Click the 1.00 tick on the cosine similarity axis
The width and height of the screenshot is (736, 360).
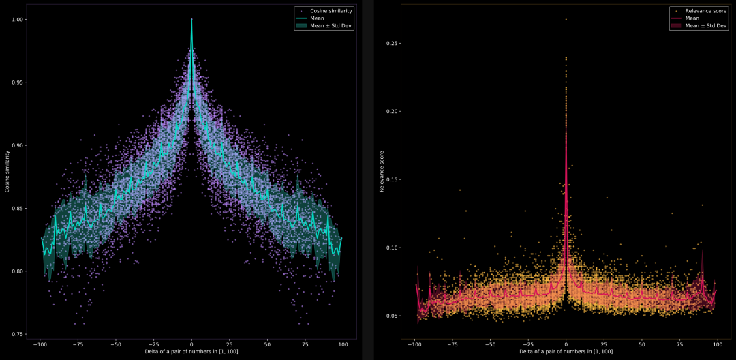click(x=19, y=20)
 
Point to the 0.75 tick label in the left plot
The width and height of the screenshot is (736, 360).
click(x=19, y=334)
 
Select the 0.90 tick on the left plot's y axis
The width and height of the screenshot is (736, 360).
click(x=19, y=145)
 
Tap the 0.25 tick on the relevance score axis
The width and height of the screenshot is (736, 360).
click(x=391, y=44)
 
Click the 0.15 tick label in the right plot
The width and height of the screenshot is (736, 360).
click(x=391, y=180)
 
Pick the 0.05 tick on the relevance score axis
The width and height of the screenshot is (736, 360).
click(x=391, y=316)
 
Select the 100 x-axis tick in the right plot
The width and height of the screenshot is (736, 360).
click(x=718, y=345)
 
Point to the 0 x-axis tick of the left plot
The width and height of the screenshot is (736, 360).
click(x=191, y=345)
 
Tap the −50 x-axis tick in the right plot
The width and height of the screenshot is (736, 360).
click(x=489, y=345)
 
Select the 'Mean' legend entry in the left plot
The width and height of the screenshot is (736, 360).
click(x=318, y=18)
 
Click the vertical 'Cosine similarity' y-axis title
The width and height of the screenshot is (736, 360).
click(x=7, y=172)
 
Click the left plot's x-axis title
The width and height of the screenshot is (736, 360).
click(x=191, y=352)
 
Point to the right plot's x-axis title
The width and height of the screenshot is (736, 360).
click(x=566, y=352)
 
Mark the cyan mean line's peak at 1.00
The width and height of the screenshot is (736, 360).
click(x=191, y=20)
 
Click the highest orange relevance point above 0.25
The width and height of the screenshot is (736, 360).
click(x=566, y=20)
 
